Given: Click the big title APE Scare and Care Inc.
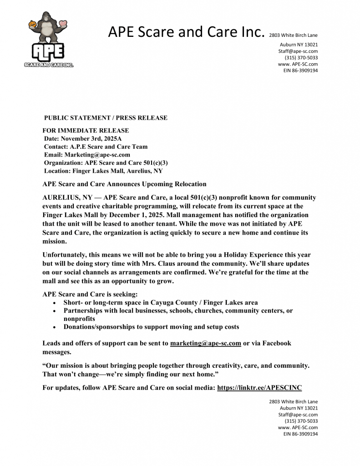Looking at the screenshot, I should pos(186,32).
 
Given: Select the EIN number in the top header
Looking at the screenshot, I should pos(300,71).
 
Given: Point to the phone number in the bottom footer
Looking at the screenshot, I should pos(301,421).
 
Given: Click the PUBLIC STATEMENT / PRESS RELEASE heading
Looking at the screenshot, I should pos(106,118).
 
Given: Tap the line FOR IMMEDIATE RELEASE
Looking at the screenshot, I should pos(86,131).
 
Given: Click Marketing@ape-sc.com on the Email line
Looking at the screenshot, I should pos(97,155).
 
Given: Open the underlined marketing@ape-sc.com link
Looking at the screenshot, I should pos(205,343).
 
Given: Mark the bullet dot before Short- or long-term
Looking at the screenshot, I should pos(55,303).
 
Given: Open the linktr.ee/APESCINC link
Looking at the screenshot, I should pos(259,388).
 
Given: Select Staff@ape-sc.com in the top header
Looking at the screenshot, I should pos(298,51).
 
